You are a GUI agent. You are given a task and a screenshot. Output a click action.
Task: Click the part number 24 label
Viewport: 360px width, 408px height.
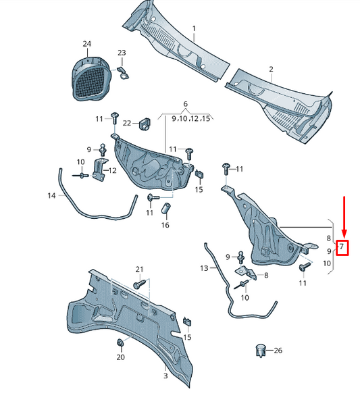pyautogui.click(x=86, y=44)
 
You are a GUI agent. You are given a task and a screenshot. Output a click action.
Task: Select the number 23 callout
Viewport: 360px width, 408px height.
pyautogui.click(x=122, y=53)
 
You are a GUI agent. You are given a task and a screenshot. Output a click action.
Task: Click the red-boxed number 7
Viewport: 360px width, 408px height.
pyautogui.click(x=342, y=248)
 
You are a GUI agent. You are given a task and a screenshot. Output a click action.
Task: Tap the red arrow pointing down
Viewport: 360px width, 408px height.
pyautogui.click(x=344, y=216)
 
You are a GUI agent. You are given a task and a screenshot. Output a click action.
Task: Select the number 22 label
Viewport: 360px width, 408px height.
pyautogui.click(x=126, y=122)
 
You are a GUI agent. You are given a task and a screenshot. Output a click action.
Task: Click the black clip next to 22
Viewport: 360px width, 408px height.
pyautogui.click(x=144, y=124)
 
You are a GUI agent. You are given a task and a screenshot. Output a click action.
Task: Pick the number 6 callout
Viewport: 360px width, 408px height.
pyautogui.click(x=185, y=104)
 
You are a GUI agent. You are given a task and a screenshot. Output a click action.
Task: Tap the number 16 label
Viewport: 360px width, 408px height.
pyautogui.click(x=165, y=225)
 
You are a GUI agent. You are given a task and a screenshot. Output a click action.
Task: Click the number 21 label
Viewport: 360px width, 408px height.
pyautogui.click(x=140, y=270)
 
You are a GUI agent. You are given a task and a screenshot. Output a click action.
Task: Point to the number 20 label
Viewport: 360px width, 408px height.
pyautogui.click(x=121, y=357)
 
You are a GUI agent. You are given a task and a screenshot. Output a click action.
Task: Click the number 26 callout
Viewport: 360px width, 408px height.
pyautogui.click(x=278, y=350)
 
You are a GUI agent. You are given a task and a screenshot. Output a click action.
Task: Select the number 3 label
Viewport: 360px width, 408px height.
pyautogui.click(x=165, y=376)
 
